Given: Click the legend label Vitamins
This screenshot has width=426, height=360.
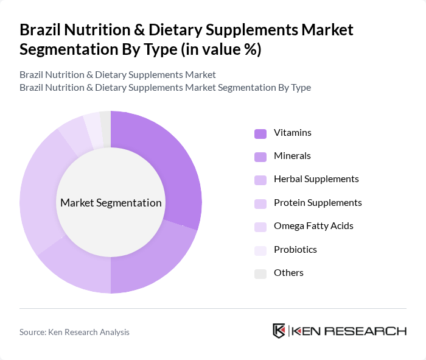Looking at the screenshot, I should (292, 133).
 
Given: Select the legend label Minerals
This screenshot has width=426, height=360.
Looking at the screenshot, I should (292, 156).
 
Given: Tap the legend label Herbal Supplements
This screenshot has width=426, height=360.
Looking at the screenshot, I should (316, 179).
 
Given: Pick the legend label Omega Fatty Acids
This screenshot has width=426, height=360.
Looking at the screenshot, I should (313, 226).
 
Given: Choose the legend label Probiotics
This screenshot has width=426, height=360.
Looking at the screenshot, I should (295, 250).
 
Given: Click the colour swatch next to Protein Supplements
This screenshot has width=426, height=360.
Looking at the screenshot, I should (260, 203).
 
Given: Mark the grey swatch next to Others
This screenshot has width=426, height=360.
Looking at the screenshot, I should (260, 274).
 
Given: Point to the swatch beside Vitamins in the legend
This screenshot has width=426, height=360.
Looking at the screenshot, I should (260, 133).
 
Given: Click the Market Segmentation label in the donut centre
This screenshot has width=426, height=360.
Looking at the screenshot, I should (111, 203).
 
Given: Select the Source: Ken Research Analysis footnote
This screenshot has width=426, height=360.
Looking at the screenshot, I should (74, 332).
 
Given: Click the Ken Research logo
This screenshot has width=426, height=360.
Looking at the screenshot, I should (339, 331).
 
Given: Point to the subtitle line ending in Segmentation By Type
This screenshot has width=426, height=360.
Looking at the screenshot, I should (165, 88).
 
